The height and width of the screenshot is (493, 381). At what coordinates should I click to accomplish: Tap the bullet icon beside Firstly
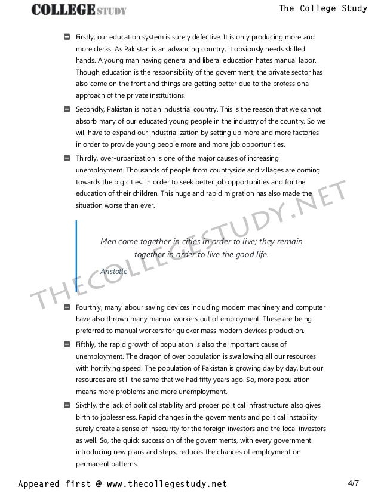coord(67,38)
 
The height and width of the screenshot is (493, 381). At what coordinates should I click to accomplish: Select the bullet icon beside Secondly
coord(67,109)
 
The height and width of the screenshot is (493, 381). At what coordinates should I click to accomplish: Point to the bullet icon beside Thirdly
coord(67,158)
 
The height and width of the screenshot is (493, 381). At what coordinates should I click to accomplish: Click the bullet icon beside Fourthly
coord(67,307)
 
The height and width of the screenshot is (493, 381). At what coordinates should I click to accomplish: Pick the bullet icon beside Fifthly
coord(67,344)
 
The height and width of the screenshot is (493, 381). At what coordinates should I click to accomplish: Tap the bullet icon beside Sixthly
coord(67,405)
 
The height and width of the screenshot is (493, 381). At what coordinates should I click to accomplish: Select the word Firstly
coord(87,38)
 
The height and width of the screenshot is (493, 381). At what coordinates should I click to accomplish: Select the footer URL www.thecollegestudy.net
coord(164,482)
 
